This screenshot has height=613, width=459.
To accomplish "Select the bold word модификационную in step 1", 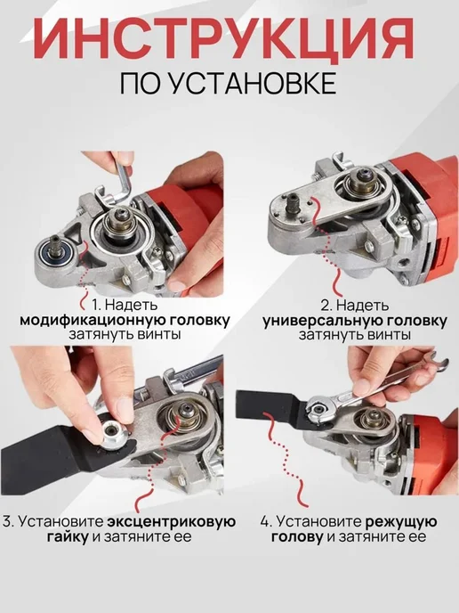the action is click(x=93, y=321).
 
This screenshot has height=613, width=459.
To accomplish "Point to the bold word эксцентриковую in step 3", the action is click(x=172, y=521).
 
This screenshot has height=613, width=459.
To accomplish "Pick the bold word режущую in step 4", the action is click(x=401, y=522).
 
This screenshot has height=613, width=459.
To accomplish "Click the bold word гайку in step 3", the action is click(x=68, y=536).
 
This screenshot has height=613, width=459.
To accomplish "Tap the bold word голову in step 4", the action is click(x=297, y=536).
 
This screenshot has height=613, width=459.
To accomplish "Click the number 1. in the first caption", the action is click(x=96, y=304).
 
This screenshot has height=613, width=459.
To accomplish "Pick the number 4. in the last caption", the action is click(x=266, y=522).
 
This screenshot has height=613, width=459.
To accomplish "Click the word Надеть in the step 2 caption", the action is click(x=363, y=305).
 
